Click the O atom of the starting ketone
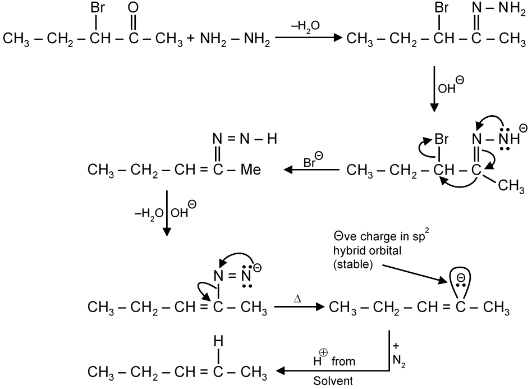pyautogui.click(x=133, y=9)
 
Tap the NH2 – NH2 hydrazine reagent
pyautogui.click(x=235, y=40)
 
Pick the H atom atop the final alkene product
pyautogui.click(x=219, y=339)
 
